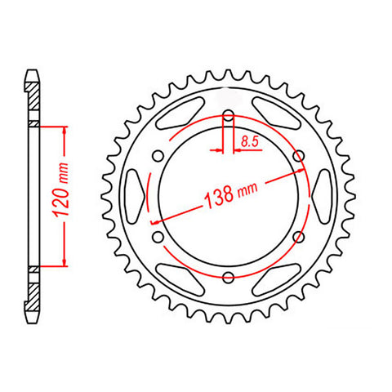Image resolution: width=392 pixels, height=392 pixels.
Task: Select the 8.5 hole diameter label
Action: click(247, 140)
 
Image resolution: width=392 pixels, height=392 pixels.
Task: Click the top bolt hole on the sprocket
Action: click(229, 114)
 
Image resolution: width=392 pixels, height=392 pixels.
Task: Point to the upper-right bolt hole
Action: click(300, 154)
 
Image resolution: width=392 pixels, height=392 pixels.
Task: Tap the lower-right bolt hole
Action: click(300, 236)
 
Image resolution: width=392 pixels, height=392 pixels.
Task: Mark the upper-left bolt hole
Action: click(158, 154)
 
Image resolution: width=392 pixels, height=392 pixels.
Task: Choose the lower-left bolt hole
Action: click(158, 236)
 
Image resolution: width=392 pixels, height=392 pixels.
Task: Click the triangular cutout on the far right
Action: click(320, 195)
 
